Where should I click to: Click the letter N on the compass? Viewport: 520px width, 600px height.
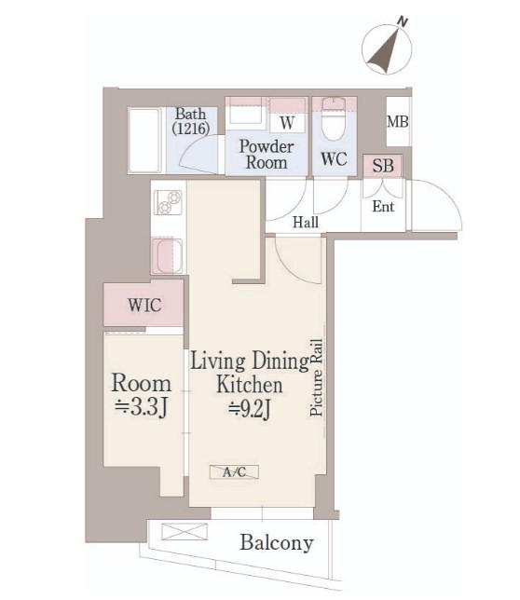click(402, 21)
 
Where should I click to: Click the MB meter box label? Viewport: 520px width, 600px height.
click(398, 122)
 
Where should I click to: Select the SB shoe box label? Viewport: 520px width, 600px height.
click(383, 166)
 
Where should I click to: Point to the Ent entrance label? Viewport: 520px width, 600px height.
click(383, 207)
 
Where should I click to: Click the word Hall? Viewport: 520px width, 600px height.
click(306, 222)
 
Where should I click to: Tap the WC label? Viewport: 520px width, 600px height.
click(334, 158)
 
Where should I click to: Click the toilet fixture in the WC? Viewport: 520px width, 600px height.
click(334, 119)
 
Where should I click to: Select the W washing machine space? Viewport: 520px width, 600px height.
click(287, 122)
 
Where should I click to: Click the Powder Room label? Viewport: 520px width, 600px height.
click(267, 155)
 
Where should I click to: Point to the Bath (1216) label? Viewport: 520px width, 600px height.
click(190, 121)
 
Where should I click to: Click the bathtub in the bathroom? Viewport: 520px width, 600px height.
click(144, 141)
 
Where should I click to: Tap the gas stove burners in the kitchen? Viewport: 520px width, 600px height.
click(168, 202)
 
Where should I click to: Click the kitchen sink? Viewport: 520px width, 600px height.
click(167, 255)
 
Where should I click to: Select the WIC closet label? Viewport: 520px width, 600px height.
click(144, 306)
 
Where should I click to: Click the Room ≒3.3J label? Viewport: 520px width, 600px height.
click(142, 394)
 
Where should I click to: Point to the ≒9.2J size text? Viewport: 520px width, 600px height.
click(250, 409)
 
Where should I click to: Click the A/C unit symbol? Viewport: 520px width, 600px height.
click(234, 471)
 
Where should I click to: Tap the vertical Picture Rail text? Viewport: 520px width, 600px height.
click(317, 377)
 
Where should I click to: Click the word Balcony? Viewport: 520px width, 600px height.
click(277, 543)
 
